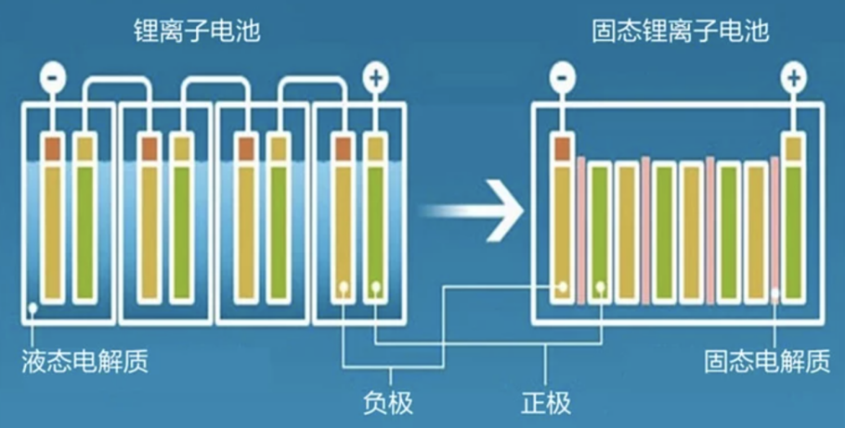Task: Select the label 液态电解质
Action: [x=84, y=361]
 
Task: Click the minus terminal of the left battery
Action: [x=53, y=76]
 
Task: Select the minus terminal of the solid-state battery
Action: [x=562, y=78]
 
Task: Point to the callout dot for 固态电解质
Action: [x=774, y=297]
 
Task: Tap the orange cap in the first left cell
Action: [x=53, y=147]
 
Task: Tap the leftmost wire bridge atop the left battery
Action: [x=118, y=88]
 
